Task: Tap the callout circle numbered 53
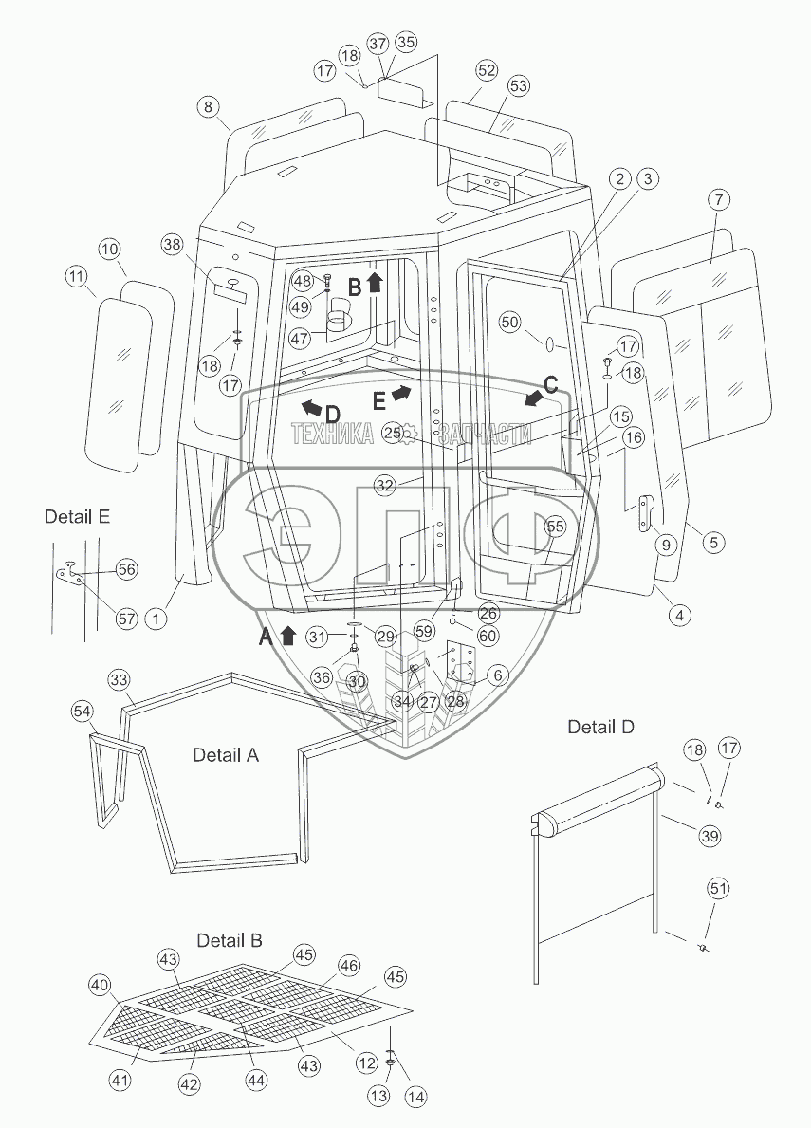[518, 85]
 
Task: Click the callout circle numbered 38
[172, 246]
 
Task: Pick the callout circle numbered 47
[302, 338]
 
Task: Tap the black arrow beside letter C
[533, 398]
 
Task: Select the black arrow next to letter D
[311, 409]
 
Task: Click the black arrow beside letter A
[287, 636]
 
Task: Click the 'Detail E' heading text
[77, 516]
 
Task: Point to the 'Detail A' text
[226, 754]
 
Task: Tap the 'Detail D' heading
[601, 728]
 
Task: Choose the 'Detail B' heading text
[230, 940]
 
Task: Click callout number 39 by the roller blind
[710, 836]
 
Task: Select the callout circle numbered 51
[718, 889]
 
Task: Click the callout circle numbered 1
[156, 618]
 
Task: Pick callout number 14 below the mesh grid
[415, 1096]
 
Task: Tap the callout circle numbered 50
[509, 323]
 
